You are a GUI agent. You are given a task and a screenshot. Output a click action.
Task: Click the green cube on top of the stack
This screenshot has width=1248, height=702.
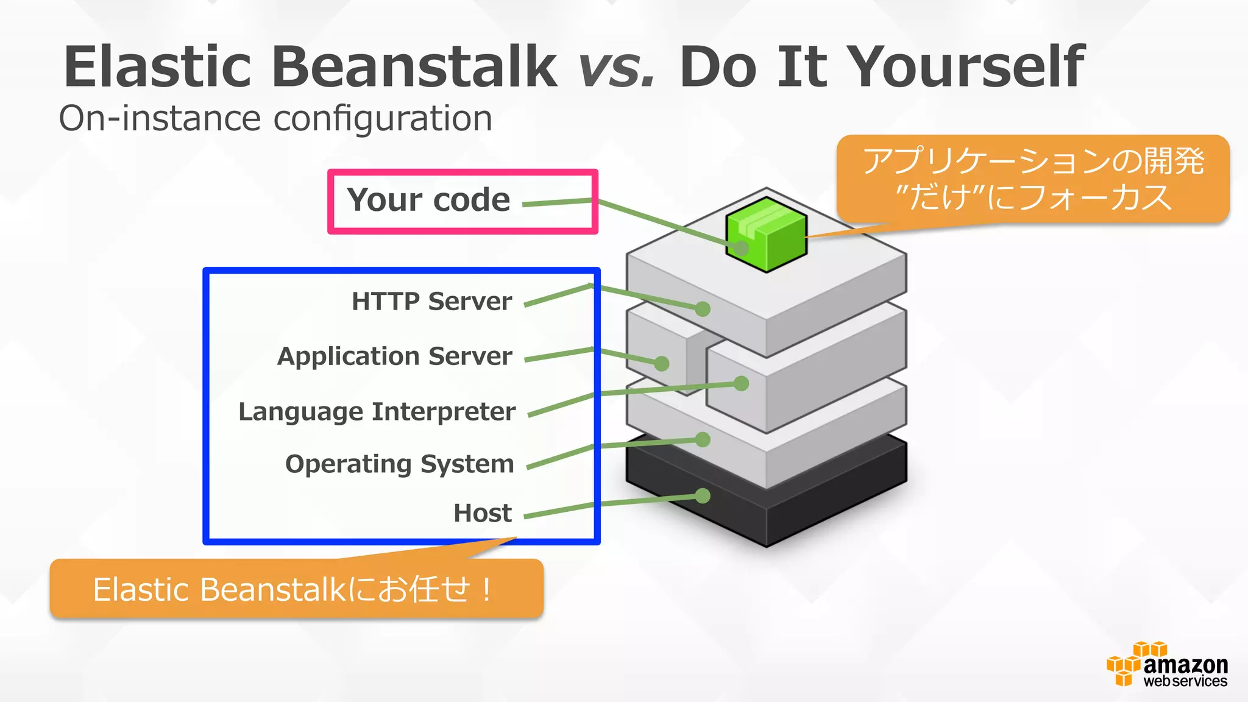pos(767,234)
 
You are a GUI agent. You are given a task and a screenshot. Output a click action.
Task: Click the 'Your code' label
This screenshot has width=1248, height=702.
pos(428,200)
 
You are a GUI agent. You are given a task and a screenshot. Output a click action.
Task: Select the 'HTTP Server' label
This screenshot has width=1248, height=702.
pos(431,301)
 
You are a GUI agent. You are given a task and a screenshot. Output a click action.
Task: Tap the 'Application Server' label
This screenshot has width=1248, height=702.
pos(394,356)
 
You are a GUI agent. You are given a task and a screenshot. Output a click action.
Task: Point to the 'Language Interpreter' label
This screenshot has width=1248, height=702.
pos(377,411)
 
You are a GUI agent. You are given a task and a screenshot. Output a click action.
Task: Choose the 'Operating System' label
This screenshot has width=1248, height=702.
pos(399,464)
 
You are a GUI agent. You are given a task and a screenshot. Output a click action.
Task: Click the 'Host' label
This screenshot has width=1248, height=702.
pos(482,513)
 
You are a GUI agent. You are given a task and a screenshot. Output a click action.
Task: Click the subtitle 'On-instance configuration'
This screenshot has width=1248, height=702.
pos(275,118)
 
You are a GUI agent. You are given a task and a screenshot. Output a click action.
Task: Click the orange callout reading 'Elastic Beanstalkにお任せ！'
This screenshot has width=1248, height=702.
pos(296,589)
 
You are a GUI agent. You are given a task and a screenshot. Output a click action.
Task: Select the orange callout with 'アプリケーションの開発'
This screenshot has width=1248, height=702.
pos(1033,179)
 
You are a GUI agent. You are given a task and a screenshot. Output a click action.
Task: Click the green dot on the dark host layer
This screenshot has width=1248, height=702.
pos(703,496)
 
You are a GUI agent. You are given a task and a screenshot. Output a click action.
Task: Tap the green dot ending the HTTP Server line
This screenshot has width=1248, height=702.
pos(703,309)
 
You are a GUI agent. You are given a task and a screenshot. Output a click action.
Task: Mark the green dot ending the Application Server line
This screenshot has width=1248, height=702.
pos(662,364)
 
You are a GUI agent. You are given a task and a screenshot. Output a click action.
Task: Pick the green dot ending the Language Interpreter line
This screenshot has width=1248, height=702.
pos(741,383)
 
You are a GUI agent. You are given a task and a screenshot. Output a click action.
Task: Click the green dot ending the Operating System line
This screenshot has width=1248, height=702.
pos(703,439)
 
